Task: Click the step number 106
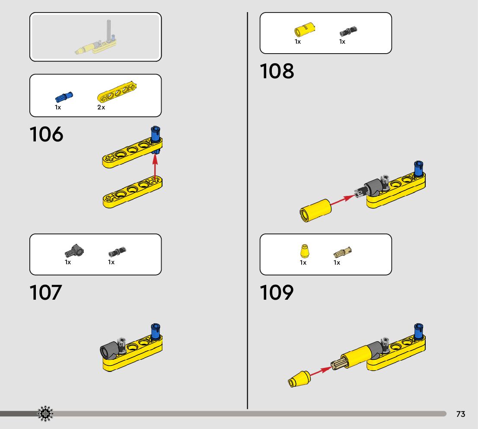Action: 46,134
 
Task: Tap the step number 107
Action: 46,293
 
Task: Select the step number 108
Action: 277,71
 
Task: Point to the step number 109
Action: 277,293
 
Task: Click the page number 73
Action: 461,414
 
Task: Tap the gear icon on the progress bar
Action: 45,414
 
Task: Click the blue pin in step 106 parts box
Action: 64,96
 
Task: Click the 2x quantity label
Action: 101,107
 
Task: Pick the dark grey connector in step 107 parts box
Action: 74,250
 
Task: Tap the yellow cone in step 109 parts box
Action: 304,251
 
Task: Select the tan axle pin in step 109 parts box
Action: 343,251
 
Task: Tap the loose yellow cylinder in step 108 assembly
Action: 315,210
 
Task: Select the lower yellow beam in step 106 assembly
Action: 132,193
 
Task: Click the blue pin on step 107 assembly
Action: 155,331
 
